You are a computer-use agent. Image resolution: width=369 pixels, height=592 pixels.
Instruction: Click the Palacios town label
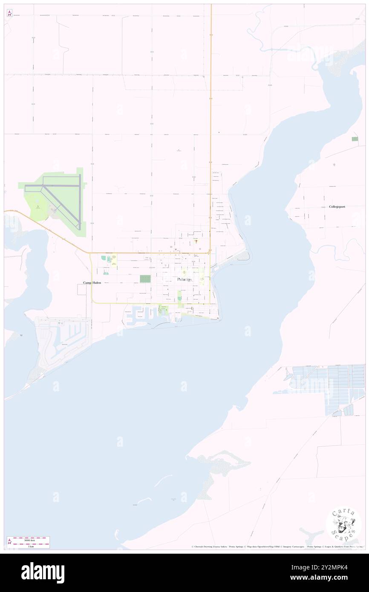click(x=184, y=279)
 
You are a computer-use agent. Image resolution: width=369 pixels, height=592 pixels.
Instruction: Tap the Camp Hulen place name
click(x=92, y=283)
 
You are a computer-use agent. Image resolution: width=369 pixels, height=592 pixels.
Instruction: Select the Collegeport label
click(x=337, y=207)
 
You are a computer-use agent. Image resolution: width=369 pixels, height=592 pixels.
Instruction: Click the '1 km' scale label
click(x=29, y=546)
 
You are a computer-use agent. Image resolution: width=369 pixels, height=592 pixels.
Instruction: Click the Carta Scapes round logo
click(x=343, y=525)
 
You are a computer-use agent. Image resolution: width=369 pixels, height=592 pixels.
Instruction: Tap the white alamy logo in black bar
click(x=43, y=573)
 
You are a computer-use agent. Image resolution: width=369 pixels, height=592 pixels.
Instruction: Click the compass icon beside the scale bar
click(x=10, y=542)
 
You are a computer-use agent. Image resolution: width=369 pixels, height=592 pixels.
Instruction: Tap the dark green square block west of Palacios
click(x=145, y=279)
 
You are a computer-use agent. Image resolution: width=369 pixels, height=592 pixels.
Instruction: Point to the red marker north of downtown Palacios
click(x=196, y=241)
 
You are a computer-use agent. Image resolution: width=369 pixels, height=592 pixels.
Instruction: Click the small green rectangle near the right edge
click(x=355, y=139)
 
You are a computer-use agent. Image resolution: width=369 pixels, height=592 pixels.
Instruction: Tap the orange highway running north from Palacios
click(x=210, y=128)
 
